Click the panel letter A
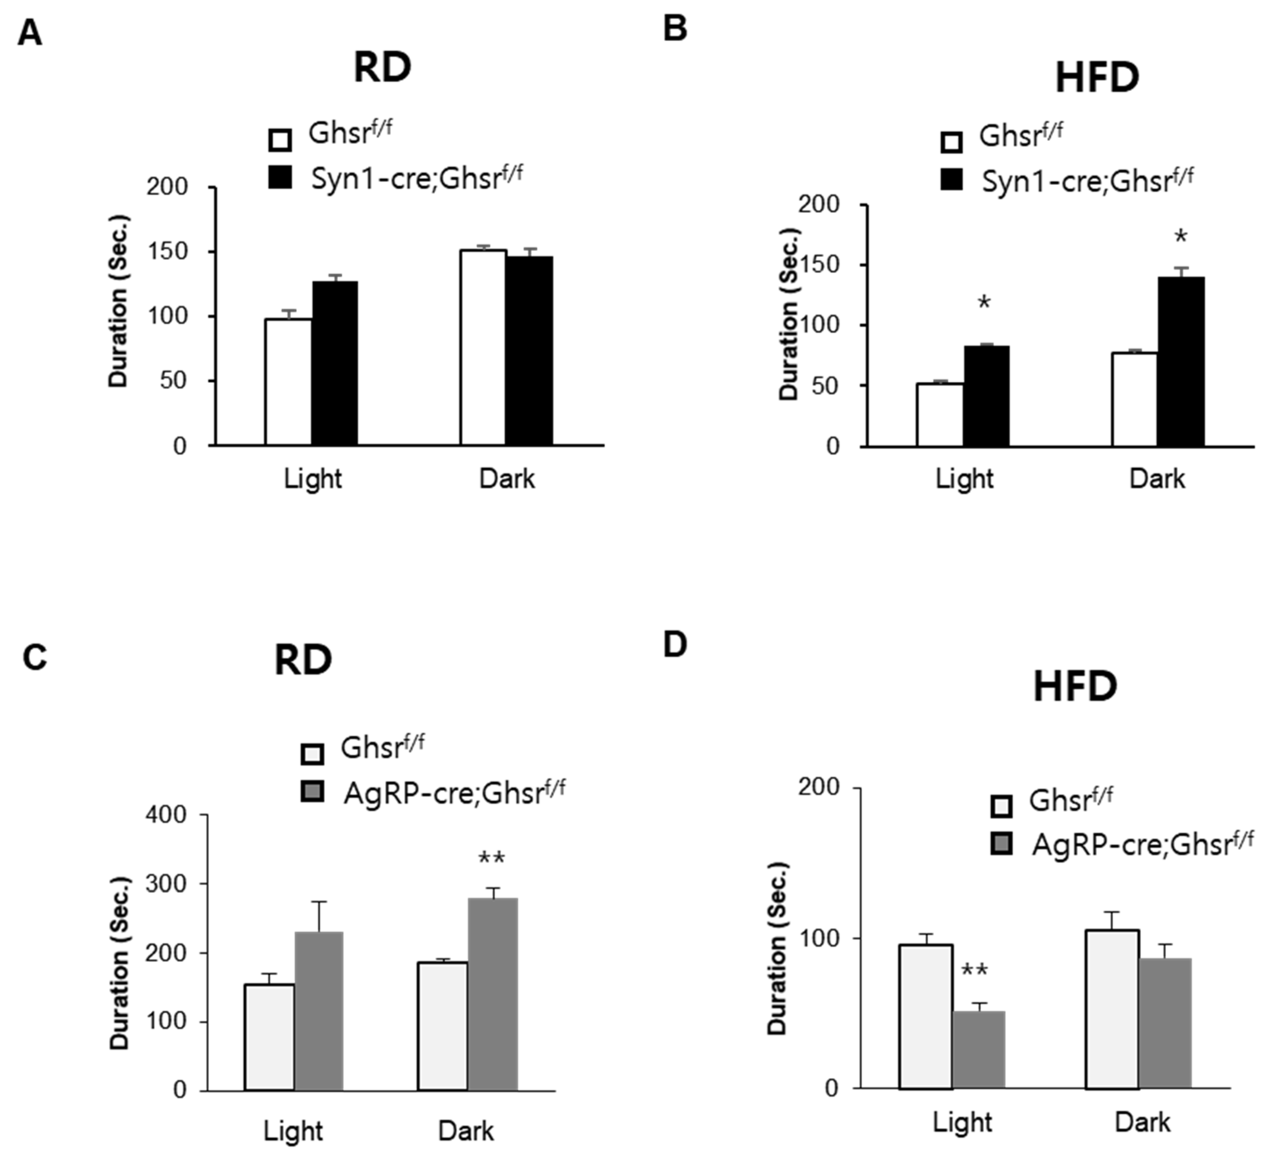tap(30, 33)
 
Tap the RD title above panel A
tap(382, 68)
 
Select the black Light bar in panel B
tap(986, 396)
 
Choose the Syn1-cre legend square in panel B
tap(952, 181)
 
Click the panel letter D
tap(675, 646)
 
